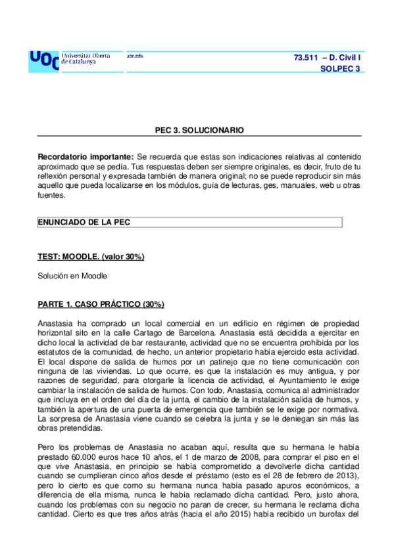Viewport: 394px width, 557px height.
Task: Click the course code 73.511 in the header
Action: (307, 58)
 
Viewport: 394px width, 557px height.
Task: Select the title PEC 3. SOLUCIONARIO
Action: (199, 130)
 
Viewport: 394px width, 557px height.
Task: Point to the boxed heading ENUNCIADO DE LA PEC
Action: (84, 222)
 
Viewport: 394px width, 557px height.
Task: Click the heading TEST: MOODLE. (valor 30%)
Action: (91, 256)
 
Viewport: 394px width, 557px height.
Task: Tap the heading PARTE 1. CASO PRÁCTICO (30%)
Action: (101, 305)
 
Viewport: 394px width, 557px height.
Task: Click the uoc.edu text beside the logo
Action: (135, 55)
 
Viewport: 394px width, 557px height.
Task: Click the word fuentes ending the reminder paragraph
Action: (51, 195)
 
